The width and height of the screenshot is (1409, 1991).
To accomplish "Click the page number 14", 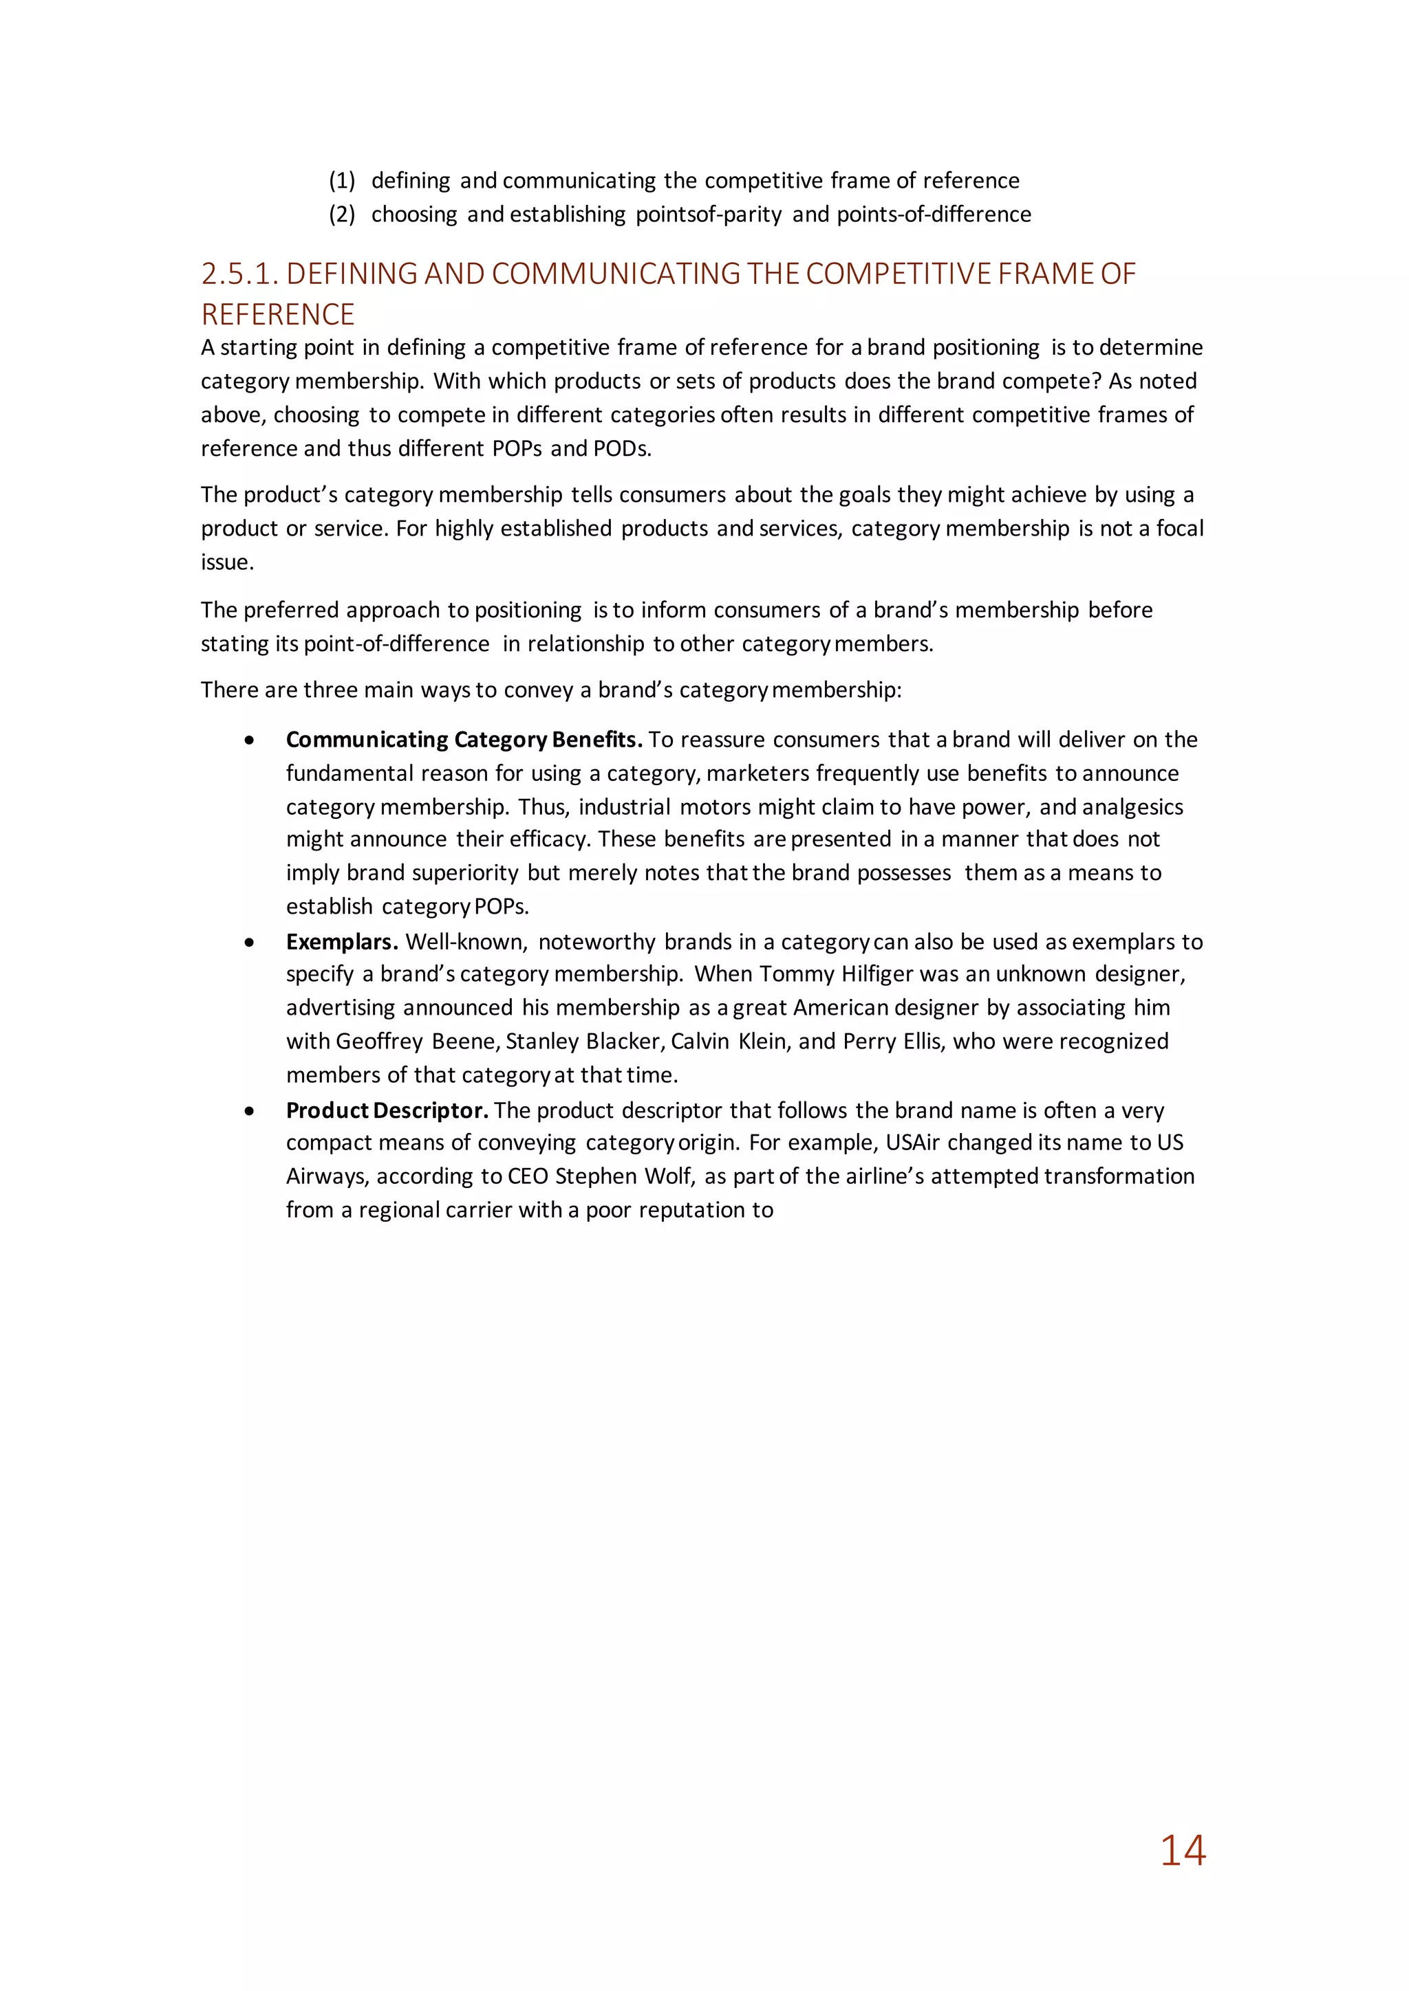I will (x=1183, y=1851).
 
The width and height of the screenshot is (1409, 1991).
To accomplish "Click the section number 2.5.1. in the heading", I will (x=239, y=274).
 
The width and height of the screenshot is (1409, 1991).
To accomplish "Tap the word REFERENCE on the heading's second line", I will (x=278, y=314).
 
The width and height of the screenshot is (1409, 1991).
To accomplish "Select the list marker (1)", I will (x=342, y=180).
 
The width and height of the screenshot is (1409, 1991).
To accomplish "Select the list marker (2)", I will (x=342, y=214).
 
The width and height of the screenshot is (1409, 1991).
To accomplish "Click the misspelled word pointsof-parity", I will (x=708, y=214).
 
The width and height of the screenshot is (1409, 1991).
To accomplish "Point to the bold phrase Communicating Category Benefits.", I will (x=463, y=740).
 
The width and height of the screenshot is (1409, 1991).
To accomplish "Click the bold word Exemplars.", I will (x=342, y=942).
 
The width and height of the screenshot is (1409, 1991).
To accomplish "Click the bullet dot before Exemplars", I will (x=250, y=943).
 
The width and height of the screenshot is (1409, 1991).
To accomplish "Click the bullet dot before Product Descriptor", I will (x=250, y=1111).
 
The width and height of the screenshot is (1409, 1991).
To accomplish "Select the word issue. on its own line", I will (x=227, y=562).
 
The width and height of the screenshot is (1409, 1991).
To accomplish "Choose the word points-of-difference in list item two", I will (x=934, y=214).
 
